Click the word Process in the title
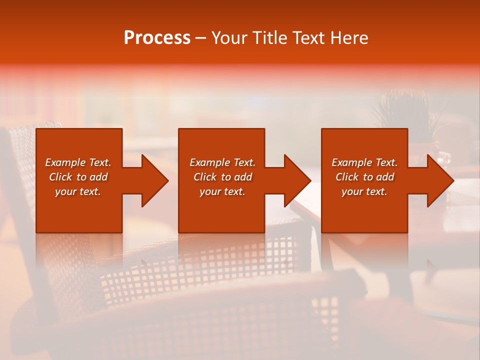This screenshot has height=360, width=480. (157, 38)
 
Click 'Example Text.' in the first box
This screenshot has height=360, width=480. (78, 162)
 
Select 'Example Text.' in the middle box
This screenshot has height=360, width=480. (222, 162)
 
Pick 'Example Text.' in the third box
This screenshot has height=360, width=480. (364, 162)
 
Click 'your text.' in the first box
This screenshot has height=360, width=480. (78, 191)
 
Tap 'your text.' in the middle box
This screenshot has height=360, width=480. (222, 191)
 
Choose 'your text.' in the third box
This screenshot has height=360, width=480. (364, 191)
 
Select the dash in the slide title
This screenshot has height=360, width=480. (200, 38)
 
